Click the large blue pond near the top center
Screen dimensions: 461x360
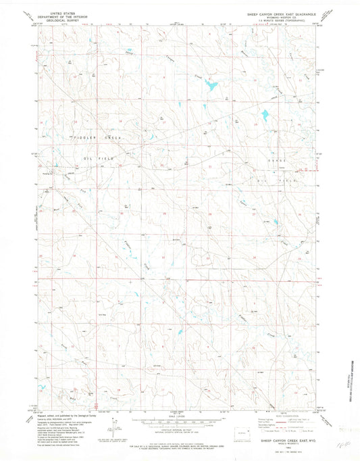[211, 85]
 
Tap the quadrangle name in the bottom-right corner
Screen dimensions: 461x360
[280, 439]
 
